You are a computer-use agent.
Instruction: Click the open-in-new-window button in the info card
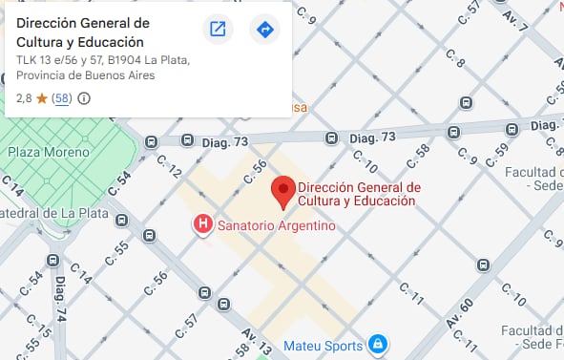(218, 30)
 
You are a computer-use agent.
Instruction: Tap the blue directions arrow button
(264, 30)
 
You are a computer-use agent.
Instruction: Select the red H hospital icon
(202, 226)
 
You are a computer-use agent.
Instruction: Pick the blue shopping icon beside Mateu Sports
(378, 344)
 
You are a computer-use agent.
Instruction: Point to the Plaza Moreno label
(49, 152)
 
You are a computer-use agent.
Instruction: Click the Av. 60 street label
(460, 314)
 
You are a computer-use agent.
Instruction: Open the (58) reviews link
(61, 98)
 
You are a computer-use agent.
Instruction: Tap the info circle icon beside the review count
(84, 98)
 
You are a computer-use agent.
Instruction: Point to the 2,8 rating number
(25, 98)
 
